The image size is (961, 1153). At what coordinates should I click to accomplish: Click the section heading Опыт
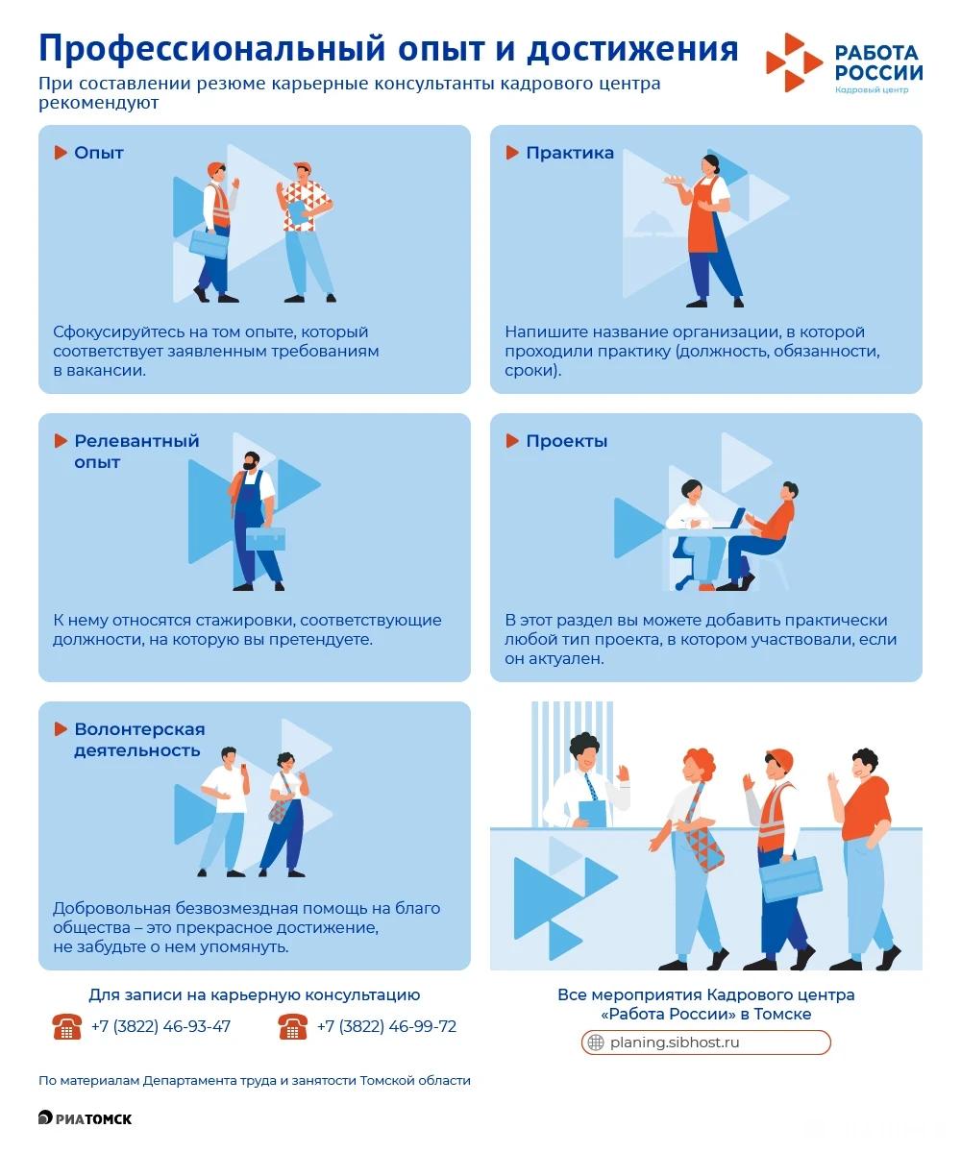point(99,153)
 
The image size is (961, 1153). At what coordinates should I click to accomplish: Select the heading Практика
point(570,153)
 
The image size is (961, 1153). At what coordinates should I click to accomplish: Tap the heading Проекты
point(567,441)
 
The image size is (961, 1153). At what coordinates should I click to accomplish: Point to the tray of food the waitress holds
point(674,180)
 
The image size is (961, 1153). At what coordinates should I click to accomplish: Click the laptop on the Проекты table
point(733,519)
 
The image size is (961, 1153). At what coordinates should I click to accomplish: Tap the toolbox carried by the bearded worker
point(265,538)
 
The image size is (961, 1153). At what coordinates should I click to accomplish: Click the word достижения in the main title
point(632,49)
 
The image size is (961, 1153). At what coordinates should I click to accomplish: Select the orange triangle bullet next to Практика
point(512,153)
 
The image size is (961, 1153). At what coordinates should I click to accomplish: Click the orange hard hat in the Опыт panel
point(215,168)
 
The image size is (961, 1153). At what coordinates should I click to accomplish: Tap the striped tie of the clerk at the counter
point(591,786)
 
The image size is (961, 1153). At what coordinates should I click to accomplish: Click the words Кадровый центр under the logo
point(872,90)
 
